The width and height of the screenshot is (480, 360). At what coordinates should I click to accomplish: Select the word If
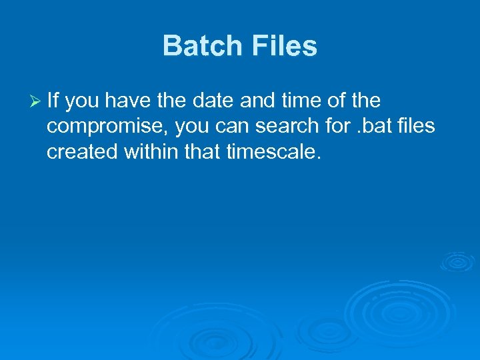(x=53, y=101)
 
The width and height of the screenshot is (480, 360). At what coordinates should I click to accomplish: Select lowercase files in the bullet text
(x=416, y=127)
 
